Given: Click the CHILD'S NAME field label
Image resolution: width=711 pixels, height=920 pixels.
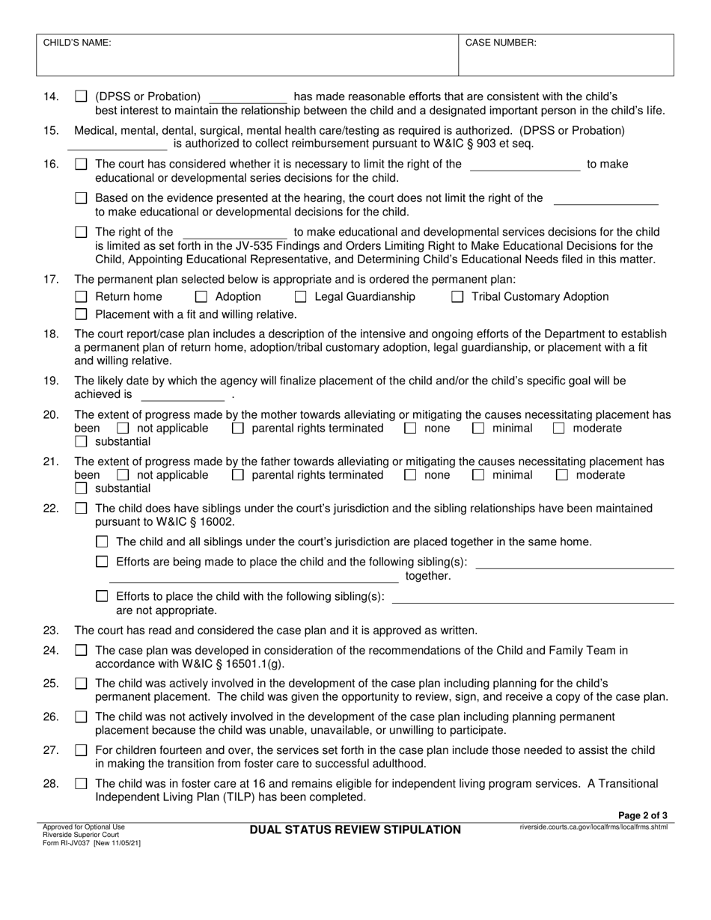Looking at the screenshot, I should (77, 43).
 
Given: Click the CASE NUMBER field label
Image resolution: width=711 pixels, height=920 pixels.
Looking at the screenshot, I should (501, 43).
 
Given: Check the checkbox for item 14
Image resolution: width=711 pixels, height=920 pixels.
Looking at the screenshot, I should (82, 96).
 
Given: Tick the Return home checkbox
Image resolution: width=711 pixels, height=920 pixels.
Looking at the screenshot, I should (82, 297).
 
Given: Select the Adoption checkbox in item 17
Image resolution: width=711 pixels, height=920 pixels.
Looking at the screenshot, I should (202, 297).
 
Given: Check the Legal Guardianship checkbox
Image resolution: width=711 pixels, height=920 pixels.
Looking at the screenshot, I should (301, 297).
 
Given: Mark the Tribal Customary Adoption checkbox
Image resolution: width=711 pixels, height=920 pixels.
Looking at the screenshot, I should (457, 297).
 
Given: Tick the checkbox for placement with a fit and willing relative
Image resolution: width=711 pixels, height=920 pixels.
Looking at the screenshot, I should (82, 315).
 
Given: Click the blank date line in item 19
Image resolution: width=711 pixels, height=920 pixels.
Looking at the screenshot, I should (183, 395).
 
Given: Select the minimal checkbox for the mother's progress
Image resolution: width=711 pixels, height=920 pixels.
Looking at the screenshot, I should (477, 429).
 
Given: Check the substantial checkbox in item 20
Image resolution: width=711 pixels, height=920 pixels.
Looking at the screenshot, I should (82, 442).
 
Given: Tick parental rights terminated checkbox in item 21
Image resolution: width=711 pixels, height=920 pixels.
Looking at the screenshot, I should (238, 476).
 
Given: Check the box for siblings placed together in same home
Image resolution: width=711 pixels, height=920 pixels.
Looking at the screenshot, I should (103, 542).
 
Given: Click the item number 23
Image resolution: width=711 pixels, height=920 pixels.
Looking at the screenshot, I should (51, 631).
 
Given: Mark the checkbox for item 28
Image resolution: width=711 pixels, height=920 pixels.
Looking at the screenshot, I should (82, 784).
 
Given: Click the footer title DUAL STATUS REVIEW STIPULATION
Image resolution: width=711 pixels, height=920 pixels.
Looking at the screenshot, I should (355, 829).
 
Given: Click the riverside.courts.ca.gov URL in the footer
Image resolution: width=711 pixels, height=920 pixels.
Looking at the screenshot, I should (593, 827).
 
